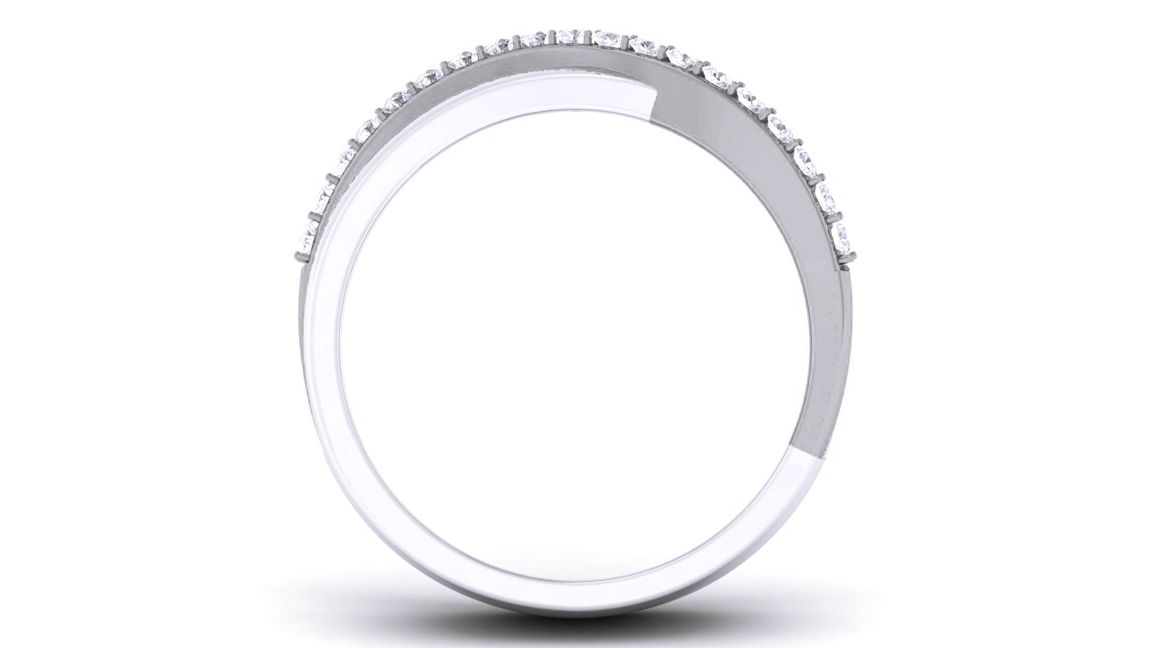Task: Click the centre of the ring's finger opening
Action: point(575,331)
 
